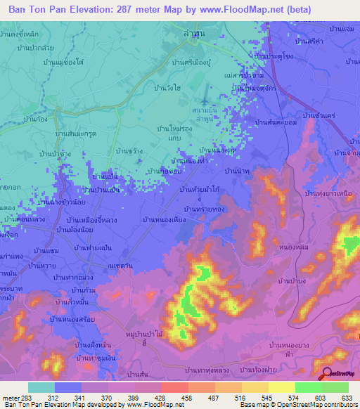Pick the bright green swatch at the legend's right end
point(335,387)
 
